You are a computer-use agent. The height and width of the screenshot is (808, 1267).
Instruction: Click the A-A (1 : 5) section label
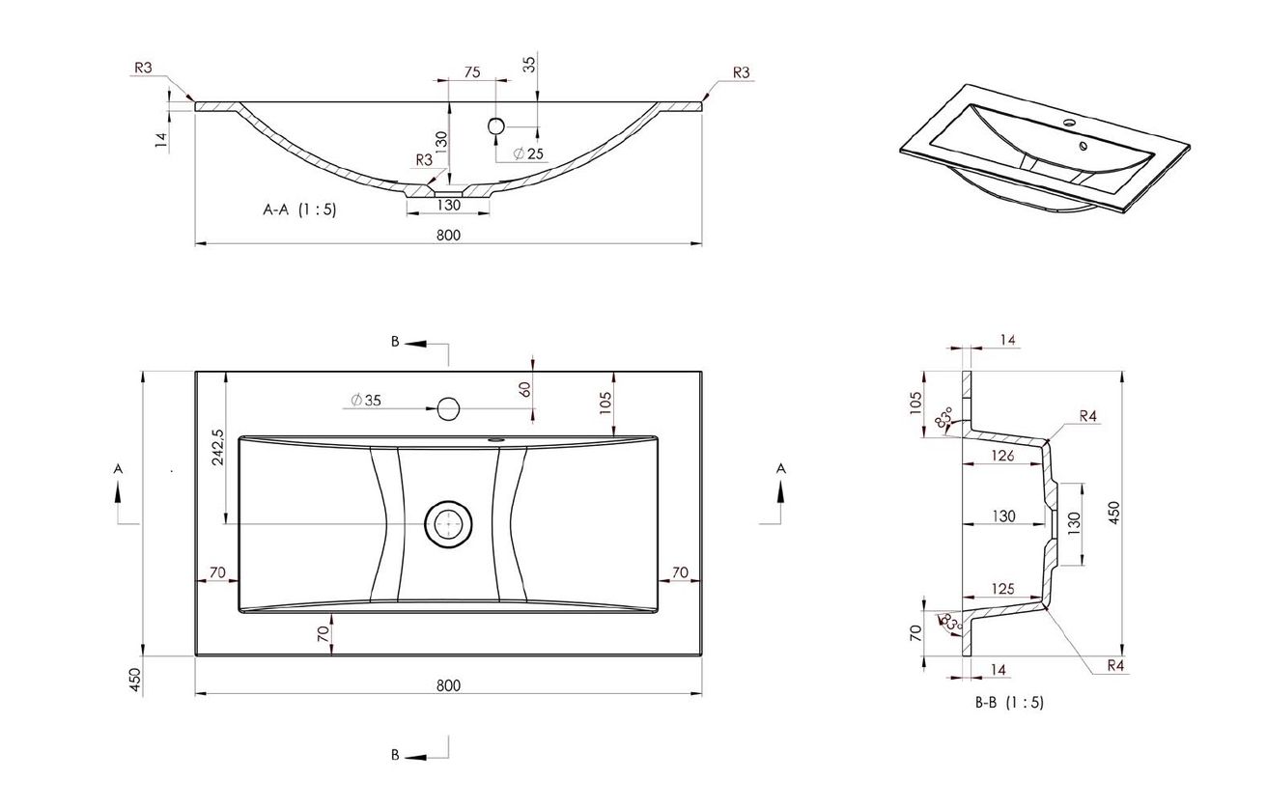click(299, 209)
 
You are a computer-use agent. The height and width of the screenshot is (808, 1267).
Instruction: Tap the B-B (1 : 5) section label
click(1009, 702)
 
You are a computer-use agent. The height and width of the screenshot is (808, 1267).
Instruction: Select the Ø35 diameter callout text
click(366, 401)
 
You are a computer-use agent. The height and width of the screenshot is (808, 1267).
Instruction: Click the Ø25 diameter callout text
click(528, 153)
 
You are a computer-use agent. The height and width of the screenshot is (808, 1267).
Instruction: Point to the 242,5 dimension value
click(218, 447)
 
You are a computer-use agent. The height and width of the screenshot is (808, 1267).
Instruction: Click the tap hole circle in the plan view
click(448, 408)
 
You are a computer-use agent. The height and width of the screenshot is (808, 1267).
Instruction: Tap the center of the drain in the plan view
click(448, 523)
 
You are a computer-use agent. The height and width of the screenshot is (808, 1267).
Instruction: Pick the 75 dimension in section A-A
click(471, 71)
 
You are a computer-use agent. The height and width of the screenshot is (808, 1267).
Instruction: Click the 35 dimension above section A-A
click(529, 65)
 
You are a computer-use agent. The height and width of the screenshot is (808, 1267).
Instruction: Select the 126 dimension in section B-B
click(1002, 456)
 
